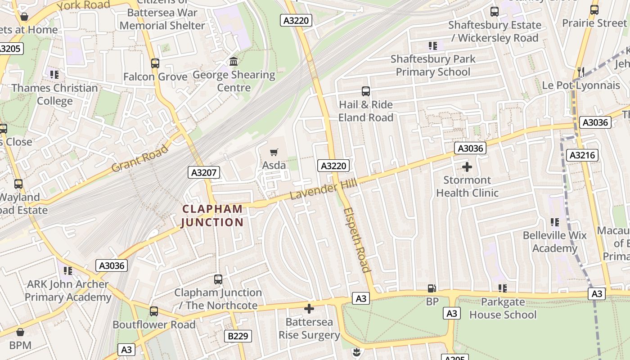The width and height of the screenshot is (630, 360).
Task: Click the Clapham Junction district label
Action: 212,216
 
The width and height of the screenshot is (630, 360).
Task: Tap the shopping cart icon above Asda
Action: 274,153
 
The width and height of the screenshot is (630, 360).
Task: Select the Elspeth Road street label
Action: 356,240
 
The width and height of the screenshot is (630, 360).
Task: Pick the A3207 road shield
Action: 204,172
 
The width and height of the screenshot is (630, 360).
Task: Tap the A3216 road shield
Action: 582,155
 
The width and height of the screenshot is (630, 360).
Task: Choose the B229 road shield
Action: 238,336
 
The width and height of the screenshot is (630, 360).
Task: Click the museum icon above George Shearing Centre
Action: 234,61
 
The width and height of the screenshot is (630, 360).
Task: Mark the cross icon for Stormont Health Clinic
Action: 467,167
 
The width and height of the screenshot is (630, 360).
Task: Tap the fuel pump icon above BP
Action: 432,288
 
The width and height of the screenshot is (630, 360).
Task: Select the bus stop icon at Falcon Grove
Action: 155,63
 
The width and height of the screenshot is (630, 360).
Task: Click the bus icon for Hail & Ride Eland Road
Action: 366,91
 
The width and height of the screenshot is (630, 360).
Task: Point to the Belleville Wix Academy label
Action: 555,242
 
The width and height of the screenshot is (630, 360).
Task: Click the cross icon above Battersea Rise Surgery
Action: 309,309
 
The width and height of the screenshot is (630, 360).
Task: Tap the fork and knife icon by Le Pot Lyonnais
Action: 581,72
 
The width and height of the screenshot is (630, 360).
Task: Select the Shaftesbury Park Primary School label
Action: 433,65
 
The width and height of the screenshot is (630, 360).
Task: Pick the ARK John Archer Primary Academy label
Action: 67,291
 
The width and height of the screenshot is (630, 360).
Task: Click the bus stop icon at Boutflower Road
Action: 154,311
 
